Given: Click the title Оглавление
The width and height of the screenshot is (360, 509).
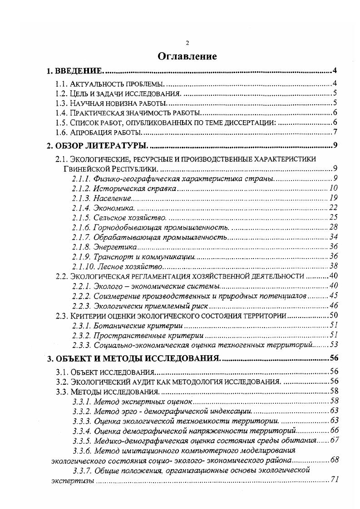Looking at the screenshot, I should tap(187, 56).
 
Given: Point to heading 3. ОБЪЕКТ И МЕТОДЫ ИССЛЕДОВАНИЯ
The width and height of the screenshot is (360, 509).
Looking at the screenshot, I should tap(134, 358).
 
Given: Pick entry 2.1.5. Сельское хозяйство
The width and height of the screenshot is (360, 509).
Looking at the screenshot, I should tap(116, 218).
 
